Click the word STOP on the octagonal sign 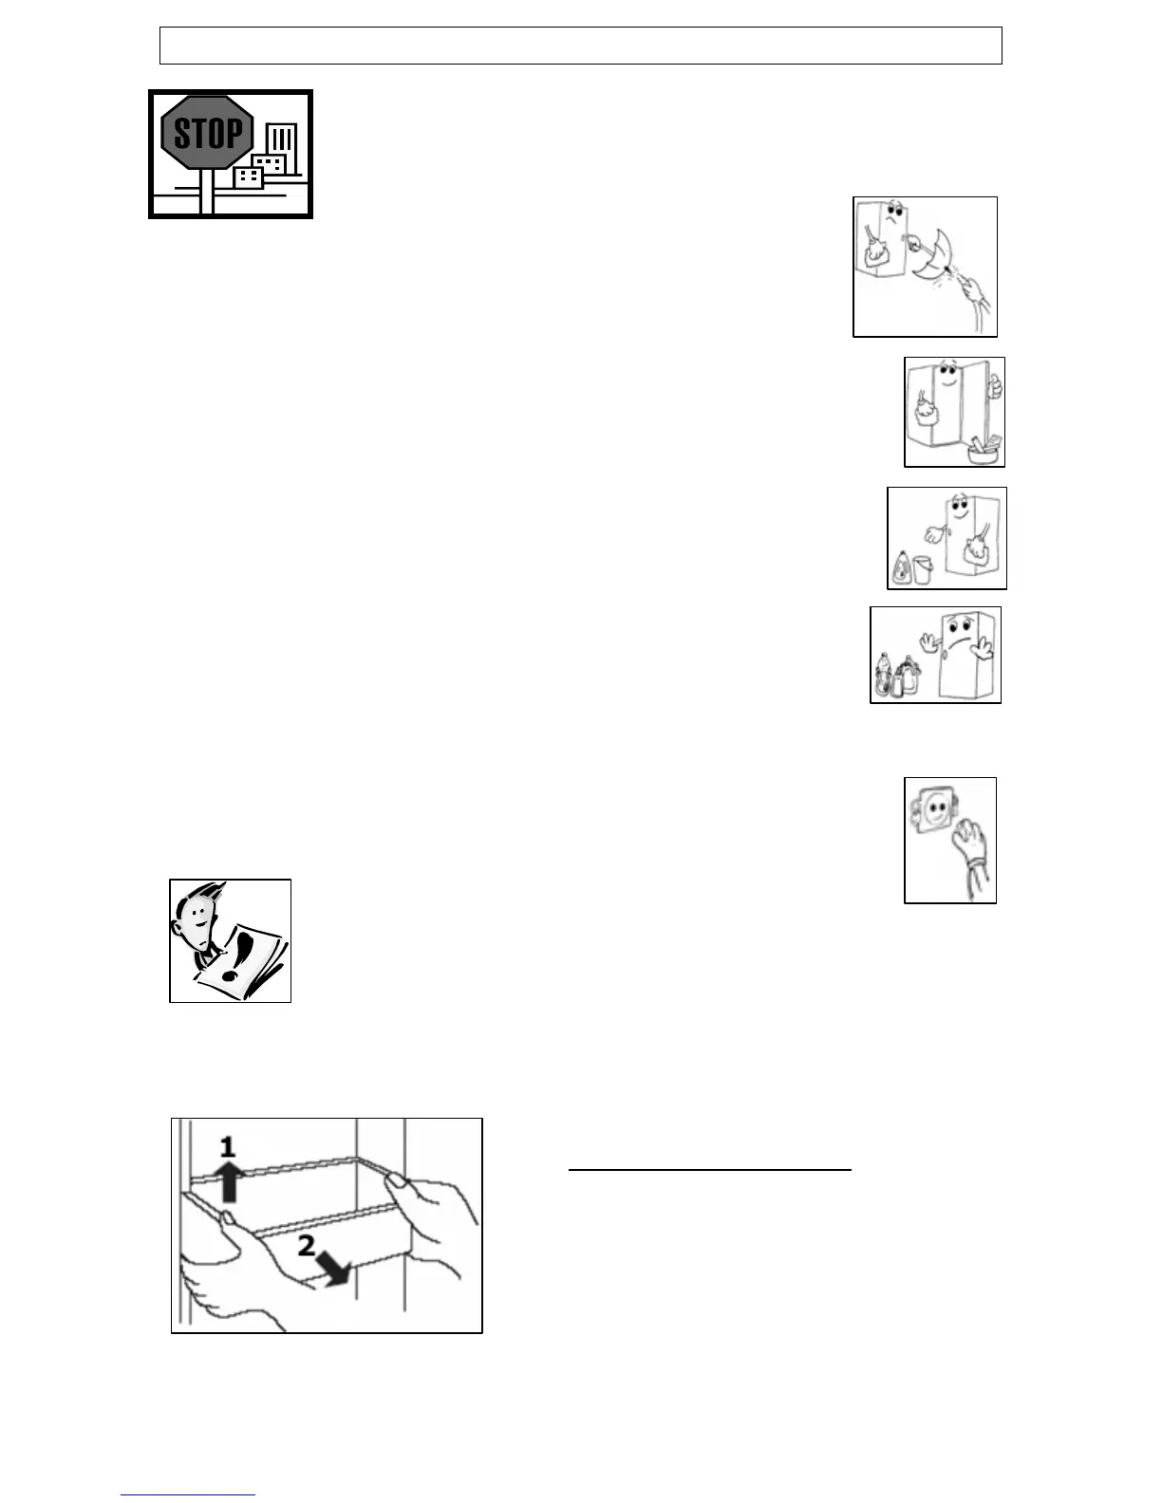click(208, 134)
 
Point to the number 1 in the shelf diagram click(227, 1148)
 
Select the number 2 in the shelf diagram click(308, 1247)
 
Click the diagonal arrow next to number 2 click(336, 1268)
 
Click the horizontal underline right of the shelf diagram click(709, 1171)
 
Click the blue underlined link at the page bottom click(188, 1495)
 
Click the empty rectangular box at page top click(580, 46)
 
